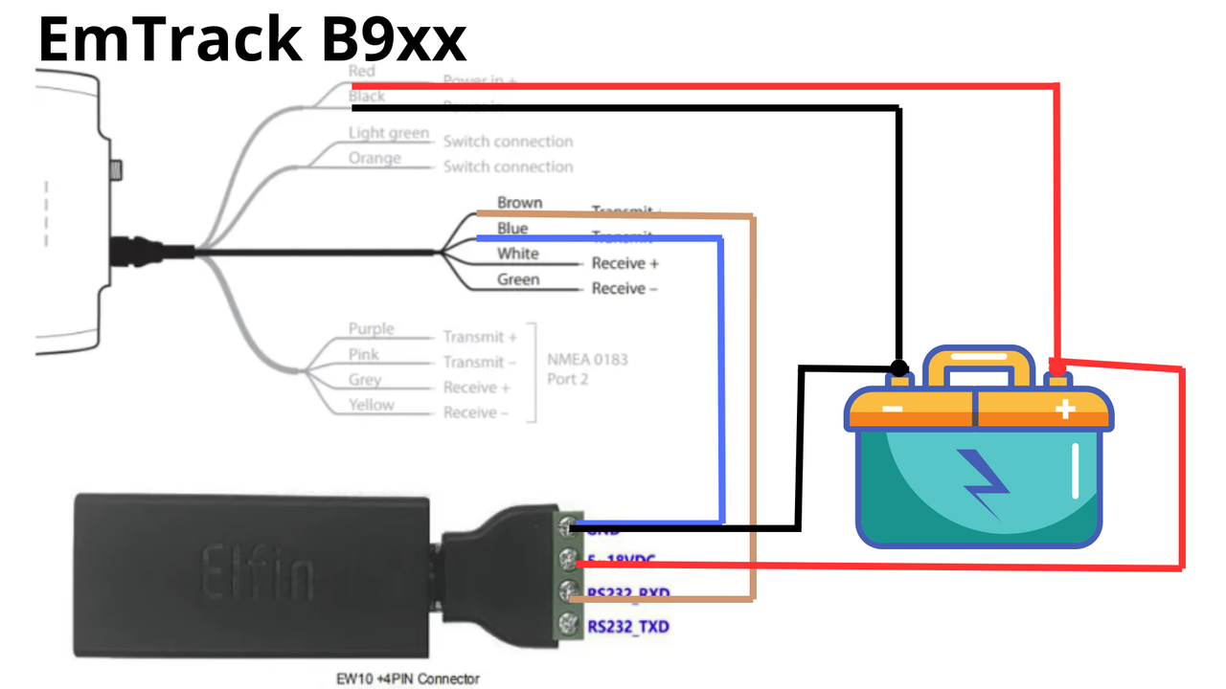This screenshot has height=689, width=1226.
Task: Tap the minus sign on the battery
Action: coord(891,411)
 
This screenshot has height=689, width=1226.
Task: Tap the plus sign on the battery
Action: coord(1065,411)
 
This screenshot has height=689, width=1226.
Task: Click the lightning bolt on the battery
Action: coord(985,484)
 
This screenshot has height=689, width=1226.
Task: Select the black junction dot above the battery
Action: coord(898,367)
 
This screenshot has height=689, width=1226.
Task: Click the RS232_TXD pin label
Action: coord(628,628)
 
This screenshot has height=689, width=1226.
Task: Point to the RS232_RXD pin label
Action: coord(628,594)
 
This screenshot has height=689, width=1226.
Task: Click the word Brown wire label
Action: coord(519,203)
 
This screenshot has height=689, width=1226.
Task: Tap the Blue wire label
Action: coord(512,229)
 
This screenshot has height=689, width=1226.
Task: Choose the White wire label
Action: coord(517,254)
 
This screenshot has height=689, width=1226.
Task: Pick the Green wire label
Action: coord(518,279)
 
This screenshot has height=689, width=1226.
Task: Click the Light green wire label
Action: coord(389,133)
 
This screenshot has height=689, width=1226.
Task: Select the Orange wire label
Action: coord(375,158)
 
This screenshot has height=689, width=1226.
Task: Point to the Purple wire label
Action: coord(371,329)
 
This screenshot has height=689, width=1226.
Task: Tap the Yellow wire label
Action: coord(371,405)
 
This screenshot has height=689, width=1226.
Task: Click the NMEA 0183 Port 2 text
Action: coord(588,369)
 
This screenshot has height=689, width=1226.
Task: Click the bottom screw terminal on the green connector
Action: coord(572,626)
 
